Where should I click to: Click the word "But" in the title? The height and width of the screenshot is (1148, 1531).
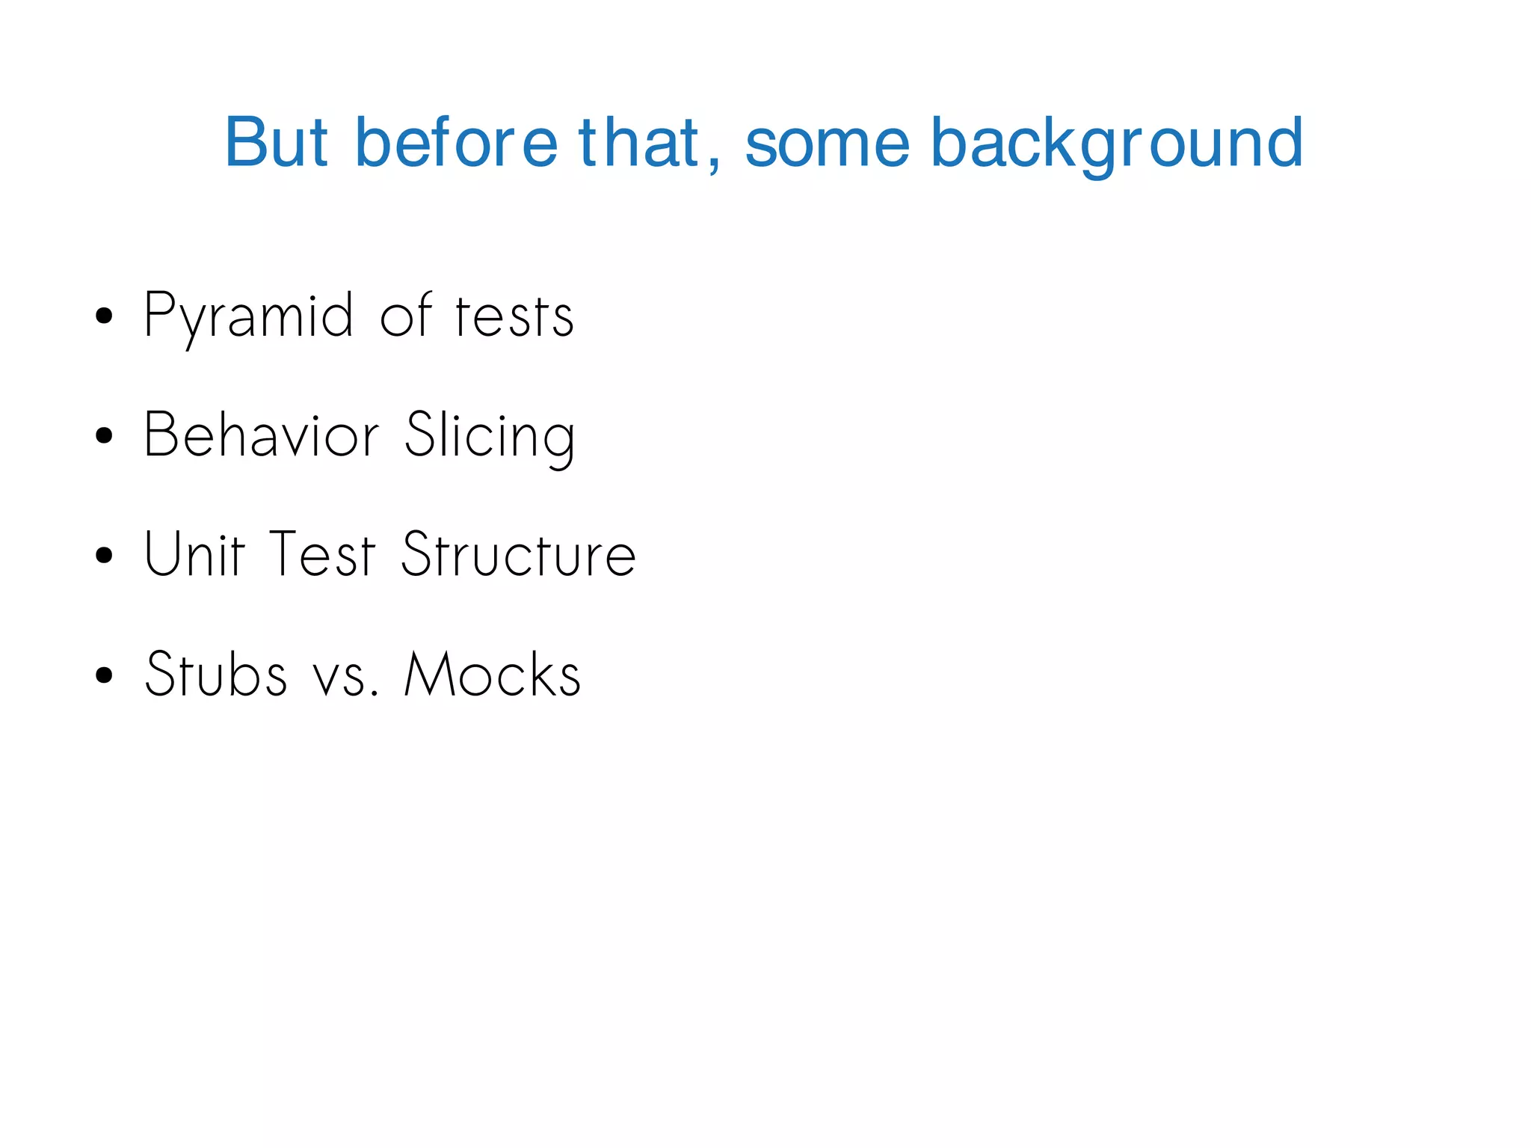[x=276, y=142]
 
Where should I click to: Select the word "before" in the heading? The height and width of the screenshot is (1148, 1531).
[x=456, y=142]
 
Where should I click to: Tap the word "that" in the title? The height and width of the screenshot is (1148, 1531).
[x=638, y=142]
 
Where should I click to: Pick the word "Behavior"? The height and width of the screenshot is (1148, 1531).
[x=262, y=435]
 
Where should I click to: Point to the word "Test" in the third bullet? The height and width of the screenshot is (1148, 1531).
[x=321, y=555]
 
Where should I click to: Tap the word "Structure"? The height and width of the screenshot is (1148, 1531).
[x=518, y=555]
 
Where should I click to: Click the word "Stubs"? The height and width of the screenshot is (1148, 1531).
[x=215, y=675]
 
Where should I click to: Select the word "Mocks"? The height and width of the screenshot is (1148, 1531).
[x=492, y=675]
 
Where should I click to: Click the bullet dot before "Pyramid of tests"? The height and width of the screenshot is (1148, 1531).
[x=105, y=316]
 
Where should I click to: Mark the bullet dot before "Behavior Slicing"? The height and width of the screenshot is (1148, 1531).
[x=105, y=436]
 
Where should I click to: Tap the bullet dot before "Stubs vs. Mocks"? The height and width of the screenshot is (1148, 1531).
[x=105, y=675]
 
